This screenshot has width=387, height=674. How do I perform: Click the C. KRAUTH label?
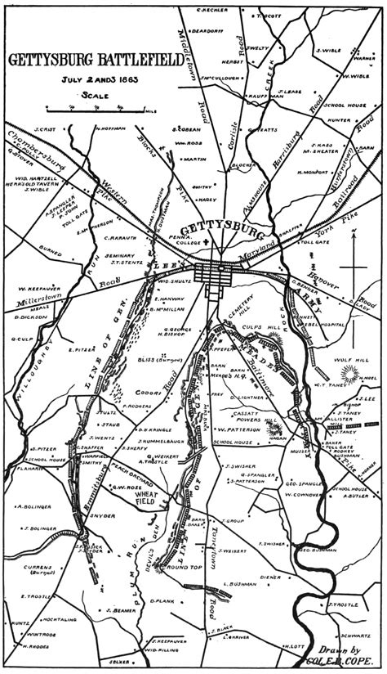(121, 238)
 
